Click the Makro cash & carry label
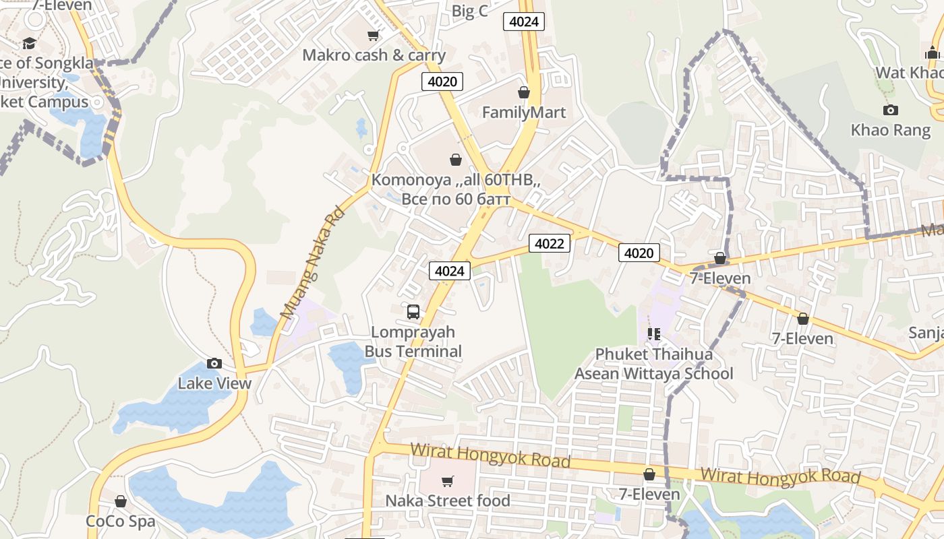(374, 55)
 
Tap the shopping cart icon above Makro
(373, 35)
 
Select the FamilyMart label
(524, 113)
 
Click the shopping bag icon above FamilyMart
(524, 92)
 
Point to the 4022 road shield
(549, 243)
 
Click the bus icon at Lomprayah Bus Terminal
(413, 312)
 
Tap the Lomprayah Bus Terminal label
(413, 342)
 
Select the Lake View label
(214, 383)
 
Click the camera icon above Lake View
(214, 364)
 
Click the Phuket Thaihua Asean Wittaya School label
(653, 364)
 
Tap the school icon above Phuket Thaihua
(653, 334)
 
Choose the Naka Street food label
(448, 501)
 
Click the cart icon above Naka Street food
(448, 481)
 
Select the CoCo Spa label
(121, 521)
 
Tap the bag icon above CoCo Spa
(121, 501)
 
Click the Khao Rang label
(890, 130)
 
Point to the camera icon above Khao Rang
(890, 110)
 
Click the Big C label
(469, 11)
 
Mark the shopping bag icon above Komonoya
(456, 160)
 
